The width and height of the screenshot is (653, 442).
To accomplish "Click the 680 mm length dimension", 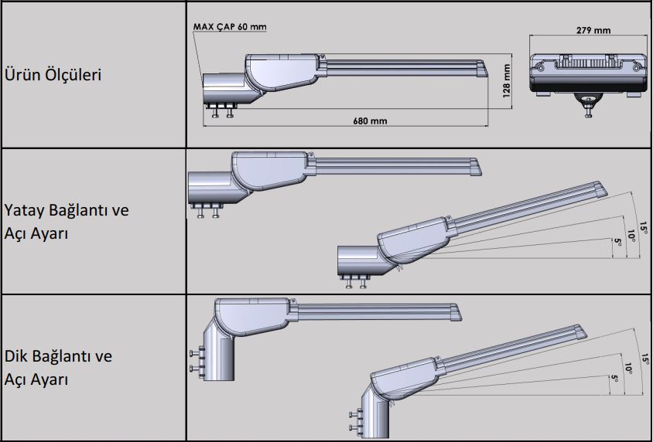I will tap(370, 121).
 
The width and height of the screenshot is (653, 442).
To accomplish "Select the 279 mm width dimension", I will tap(593, 30).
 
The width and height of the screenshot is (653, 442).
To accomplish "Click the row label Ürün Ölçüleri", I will tap(53, 75).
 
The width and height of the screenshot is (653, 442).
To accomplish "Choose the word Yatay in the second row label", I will tap(24, 211).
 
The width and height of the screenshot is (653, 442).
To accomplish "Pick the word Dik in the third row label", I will tap(17, 356).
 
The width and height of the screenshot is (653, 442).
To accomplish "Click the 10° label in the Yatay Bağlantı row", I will tap(631, 235).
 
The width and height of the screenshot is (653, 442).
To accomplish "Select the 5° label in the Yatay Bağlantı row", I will tap(617, 245).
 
